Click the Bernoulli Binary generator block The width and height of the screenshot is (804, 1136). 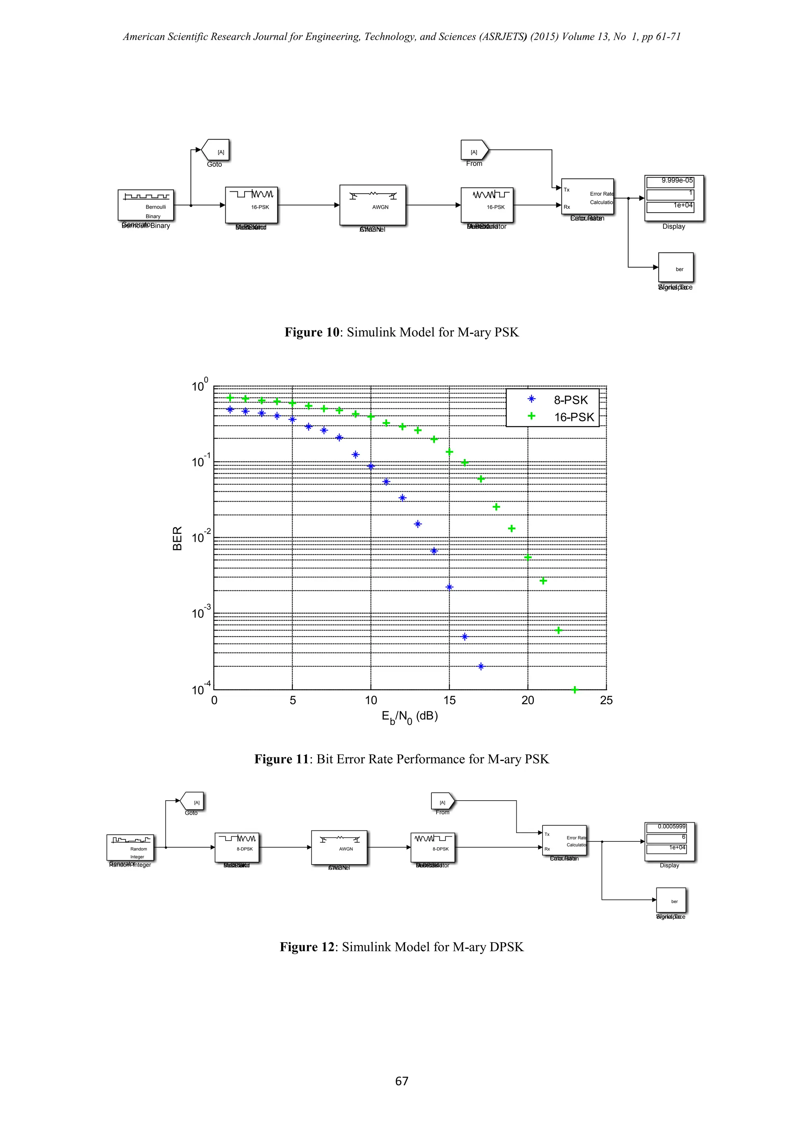[146, 205]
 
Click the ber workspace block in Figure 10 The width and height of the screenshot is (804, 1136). [675, 268]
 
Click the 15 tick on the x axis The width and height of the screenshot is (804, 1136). [449, 700]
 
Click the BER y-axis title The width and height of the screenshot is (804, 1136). [177, 538]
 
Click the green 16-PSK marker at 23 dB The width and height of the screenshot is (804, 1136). [575, 690]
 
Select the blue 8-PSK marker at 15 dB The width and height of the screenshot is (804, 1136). [450, 587]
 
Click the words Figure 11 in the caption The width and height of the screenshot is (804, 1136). [281, 759]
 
